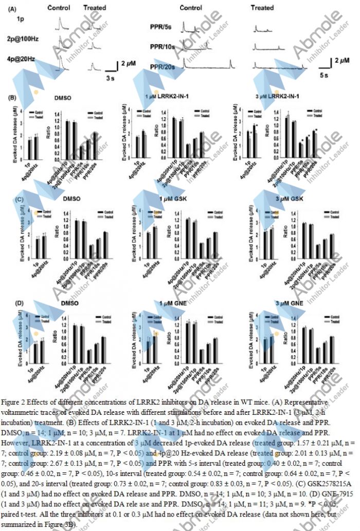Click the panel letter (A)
click(x=12, y=9)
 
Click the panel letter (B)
click(x=12, y=97)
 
